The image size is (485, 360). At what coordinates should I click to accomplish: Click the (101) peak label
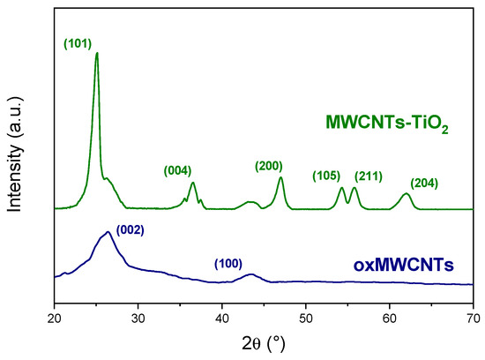click(x=78, y=42)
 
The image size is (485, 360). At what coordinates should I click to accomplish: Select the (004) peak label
click(x=178, y=170)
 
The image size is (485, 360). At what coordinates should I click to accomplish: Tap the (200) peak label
click(x=268, y=166)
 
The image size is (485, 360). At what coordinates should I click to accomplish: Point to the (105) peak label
click(x=325, y=176)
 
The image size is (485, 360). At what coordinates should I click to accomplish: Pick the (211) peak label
click(x=368, y=176)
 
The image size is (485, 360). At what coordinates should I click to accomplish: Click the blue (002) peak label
click(x=130, y=230)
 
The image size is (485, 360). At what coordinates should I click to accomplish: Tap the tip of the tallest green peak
click(x=96, y=53)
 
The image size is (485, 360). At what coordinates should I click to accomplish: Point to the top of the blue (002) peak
click(x=108, y=232)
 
